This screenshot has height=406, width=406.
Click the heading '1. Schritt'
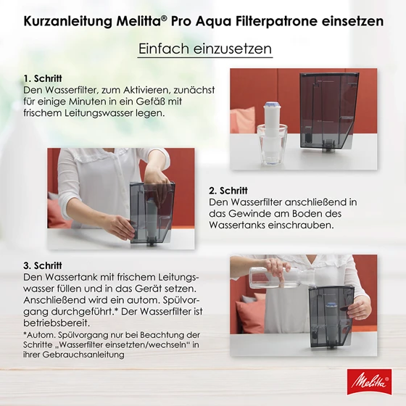click(x=43, y=78)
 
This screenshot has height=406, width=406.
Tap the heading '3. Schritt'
click(x=43, y=265)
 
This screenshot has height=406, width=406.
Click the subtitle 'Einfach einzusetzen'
click(x=204, y=49)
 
